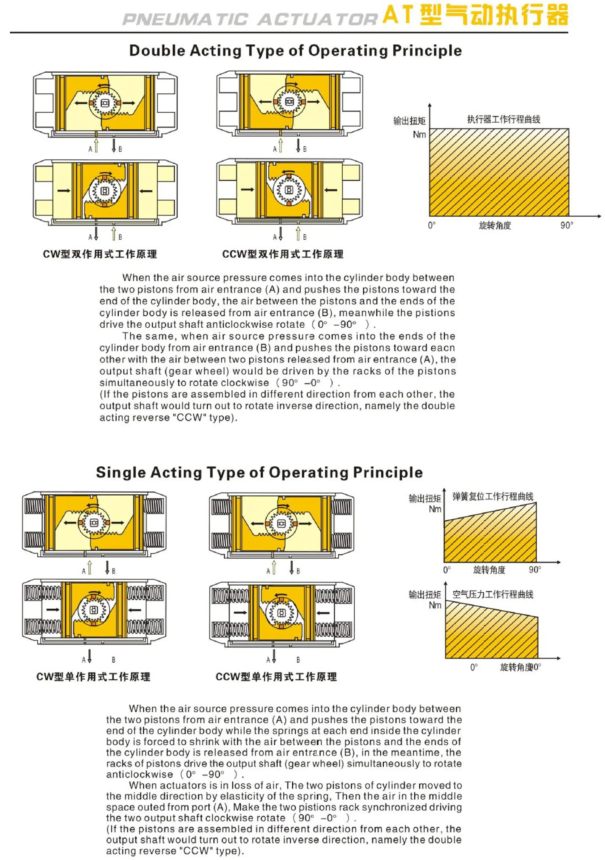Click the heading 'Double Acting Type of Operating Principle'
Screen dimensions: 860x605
(295, 50)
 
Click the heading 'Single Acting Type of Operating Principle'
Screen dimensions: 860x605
(259, 472)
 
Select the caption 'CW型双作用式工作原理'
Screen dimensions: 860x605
(100, 254)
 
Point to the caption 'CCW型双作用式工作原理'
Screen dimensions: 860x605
(282, 254)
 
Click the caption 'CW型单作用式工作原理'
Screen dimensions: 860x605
(93, 677)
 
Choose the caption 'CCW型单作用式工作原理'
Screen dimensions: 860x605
(276, 677)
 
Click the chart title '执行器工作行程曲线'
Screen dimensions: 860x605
(503, 120)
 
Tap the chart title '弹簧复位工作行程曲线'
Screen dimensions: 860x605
(493, 497)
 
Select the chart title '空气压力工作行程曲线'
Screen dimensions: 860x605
(493, 595)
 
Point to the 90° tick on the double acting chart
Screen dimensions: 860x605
(566, 226)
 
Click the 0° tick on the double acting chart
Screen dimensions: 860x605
(432, 226)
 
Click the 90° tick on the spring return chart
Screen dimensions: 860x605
(534, 570)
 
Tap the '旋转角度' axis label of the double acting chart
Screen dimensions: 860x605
(495, 226)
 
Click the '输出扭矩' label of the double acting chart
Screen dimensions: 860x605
(409, 121)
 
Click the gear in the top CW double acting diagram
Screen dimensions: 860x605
(105, 103)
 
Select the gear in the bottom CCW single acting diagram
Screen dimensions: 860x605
(282, 613)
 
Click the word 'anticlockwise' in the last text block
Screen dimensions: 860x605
(139, 774)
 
